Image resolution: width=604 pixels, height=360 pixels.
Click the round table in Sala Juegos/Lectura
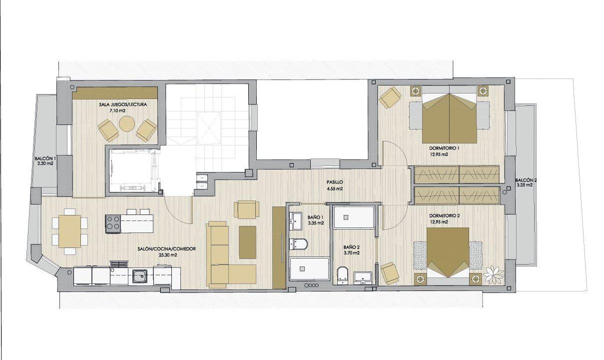tap(127, 124)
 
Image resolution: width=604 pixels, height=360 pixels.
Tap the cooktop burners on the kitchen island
tap(113, 223)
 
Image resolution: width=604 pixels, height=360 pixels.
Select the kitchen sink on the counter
tap(140, 276)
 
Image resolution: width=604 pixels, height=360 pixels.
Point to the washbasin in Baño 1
tap(296, 221)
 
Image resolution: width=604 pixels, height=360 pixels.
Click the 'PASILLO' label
tap(335, 182)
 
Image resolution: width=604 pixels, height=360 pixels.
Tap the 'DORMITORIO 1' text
tap(444, 148)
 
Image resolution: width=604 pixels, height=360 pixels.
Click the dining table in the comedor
tap(70, 231)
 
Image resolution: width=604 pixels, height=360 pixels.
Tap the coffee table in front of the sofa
tap(247, 242)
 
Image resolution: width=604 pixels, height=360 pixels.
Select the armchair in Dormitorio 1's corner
tap(390, 97)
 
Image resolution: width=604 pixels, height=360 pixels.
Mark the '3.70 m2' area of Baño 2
tap(351, 253)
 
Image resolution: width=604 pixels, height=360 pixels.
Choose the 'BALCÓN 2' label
tap(525, 180)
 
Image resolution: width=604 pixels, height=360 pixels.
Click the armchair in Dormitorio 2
tap(390, 273)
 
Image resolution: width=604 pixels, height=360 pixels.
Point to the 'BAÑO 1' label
tap(315, 217)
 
